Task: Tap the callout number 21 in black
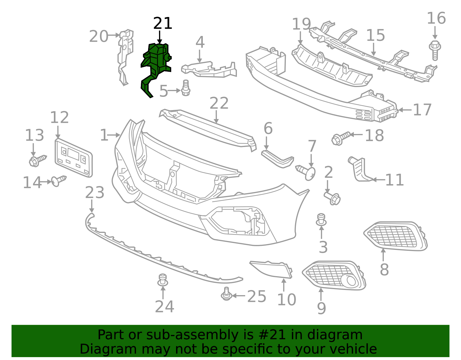click(163, 23)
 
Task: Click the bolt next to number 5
click(186, 88)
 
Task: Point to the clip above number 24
click(163, 280)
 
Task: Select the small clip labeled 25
click(226, 294)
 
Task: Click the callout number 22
click(219, 103)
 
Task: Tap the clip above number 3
click(321, 220)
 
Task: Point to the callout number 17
click(422, 110)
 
